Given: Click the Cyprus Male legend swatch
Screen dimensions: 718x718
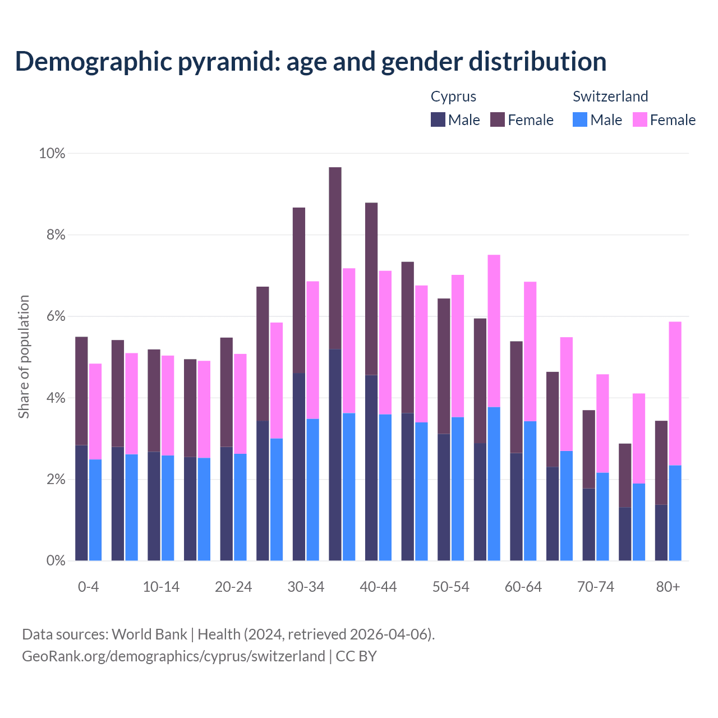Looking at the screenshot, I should (x=438, y=119).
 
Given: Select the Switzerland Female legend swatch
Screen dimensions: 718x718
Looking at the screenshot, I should (x=640, y=119).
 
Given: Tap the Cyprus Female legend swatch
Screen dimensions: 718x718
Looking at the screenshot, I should (x=498, y=119).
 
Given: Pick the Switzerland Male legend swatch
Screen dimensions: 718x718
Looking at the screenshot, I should (x=580, y=119).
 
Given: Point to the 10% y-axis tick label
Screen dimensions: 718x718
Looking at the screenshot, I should (x=52, y=153).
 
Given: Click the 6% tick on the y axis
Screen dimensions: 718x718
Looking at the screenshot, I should (x=55, y=316).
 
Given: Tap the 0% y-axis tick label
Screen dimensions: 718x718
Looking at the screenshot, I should (x=55, y=561).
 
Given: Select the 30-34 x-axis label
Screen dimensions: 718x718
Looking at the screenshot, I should (x=306, y=587).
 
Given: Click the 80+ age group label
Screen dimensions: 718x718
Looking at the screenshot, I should (x=668, y=587).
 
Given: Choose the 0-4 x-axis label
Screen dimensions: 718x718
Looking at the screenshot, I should (x=88, y=587).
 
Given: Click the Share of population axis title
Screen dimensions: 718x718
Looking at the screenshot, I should (x=24, y=357).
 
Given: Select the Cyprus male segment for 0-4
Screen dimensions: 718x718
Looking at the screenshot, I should (x=81, y=503).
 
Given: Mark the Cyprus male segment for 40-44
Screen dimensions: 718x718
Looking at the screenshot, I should (x=371, y=467).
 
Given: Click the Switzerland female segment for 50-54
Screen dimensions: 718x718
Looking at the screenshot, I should (x=458, y=346).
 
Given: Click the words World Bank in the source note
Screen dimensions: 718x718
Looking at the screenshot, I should (x=149, y=634).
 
